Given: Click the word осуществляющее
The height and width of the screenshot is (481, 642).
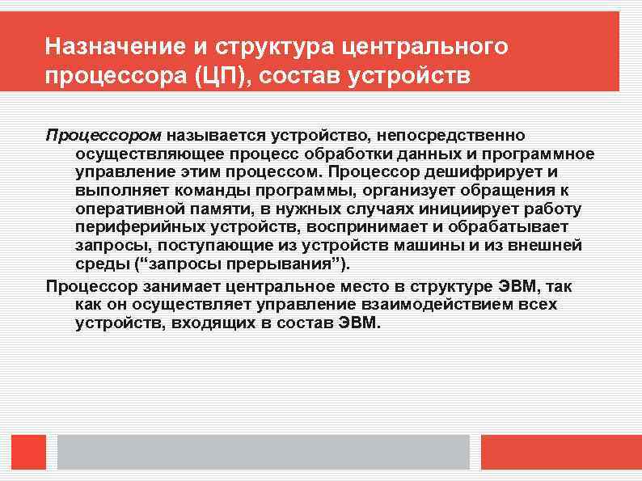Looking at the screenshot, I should (147, 154).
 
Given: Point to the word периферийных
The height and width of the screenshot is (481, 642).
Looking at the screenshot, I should (138, 228).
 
